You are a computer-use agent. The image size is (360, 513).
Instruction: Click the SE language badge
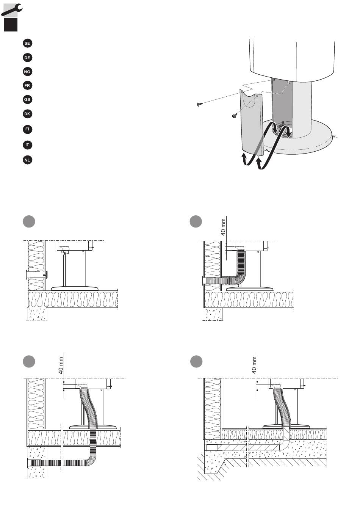(27, 43)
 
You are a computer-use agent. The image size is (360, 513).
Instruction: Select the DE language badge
(27, 58)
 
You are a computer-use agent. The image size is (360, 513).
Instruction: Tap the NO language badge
(27, 72)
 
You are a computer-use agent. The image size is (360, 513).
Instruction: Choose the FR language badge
(27, 85)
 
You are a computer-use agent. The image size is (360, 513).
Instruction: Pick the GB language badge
(27, 99)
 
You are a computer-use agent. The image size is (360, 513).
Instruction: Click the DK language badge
(27, 114)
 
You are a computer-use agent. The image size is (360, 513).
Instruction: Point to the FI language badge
(27, 129)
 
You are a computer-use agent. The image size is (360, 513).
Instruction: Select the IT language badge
(27, 145)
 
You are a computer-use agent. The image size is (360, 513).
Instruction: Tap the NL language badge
(27, 160)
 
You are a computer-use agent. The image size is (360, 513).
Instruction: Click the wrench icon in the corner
(12, 10)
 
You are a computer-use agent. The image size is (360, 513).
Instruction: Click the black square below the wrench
(11, 25)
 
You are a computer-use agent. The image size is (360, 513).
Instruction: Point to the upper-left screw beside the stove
(200, 104)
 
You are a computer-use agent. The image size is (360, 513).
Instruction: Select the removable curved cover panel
(252, 123)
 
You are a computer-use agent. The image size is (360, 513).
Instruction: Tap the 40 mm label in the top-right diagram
(223, 227)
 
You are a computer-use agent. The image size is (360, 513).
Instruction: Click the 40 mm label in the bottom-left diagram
(61, 365)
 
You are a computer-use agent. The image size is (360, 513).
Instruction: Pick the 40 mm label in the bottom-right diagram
(254, 365)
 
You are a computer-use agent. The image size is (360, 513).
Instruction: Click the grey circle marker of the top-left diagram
(29, 221)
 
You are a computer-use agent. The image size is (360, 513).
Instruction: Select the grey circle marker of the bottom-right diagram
(196, 362)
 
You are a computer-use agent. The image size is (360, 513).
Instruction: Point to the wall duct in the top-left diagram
(37, 274)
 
